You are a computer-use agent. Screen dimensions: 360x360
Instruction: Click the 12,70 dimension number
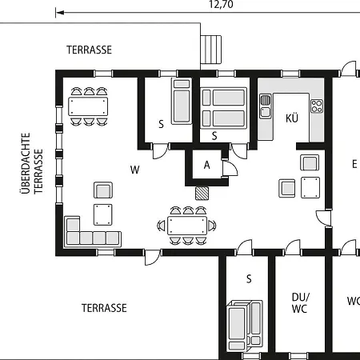(221, 4)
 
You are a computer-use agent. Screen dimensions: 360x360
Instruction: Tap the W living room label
(135, 170)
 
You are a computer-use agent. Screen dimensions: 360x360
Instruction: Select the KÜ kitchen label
(292, 118)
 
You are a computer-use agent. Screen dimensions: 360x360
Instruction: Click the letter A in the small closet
(206, 166)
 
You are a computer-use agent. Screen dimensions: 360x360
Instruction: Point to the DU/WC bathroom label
(301, 303)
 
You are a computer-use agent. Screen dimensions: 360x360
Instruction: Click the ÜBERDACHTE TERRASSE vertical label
(31, 163)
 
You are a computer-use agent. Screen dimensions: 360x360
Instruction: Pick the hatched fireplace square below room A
(202, 193)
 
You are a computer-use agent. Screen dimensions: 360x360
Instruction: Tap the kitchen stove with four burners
(317, 106)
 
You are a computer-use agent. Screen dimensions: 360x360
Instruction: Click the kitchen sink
(266, 106)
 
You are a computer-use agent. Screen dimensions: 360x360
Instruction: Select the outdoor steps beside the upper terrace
(211, 50)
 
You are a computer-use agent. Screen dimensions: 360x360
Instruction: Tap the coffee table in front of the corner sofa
(103, 214)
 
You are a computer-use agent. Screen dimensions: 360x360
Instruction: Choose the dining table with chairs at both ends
(187, 226)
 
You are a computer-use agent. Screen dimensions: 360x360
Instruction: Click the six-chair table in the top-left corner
(88, 106)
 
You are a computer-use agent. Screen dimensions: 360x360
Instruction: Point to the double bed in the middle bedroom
(223, 108)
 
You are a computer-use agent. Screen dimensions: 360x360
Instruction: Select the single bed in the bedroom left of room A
(182, 101)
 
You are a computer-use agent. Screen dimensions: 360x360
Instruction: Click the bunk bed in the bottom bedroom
(245, 326)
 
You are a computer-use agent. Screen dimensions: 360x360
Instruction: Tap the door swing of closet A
(230, 168)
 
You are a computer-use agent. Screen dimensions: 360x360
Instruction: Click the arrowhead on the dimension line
(60, 13)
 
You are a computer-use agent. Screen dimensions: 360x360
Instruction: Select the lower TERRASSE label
(104, 308)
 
